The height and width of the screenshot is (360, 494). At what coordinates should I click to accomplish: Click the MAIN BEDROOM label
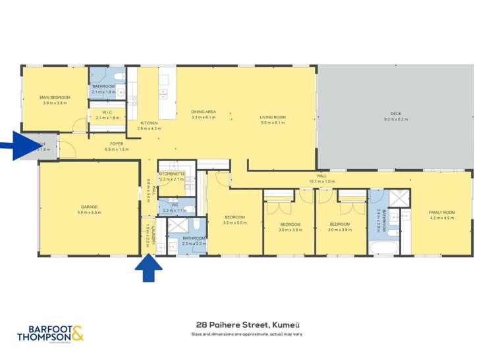[55, 97]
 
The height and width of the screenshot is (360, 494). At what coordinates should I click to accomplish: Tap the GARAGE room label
[88, 207]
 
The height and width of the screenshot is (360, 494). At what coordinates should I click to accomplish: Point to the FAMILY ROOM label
[441, 213]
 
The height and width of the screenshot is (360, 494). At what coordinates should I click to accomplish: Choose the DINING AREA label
[204, 112]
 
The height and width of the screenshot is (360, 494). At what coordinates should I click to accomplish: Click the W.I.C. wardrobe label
[107, 113]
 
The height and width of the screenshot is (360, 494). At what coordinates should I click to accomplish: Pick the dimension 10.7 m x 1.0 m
[322, 181]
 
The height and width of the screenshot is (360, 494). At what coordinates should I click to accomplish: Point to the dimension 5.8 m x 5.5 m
[88, 213]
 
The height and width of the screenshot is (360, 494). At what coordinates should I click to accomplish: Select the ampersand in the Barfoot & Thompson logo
[78, 333]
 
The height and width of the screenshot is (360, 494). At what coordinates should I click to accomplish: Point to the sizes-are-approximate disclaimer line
[246, 334]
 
